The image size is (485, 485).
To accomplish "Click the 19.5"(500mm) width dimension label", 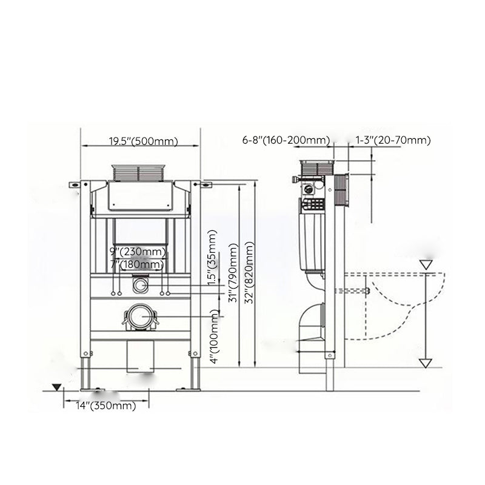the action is click(x=143, y=141).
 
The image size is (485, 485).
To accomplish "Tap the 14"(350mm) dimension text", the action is click(x=105, y=406).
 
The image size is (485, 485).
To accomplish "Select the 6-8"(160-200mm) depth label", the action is click(x=286, y=140).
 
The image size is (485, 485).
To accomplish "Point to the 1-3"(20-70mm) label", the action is click(x=393, y=140).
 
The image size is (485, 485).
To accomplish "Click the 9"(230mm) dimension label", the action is click(x=138, y=252).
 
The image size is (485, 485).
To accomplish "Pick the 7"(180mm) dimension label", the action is click(x=137, y=264).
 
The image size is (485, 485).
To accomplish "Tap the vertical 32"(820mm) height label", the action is click(x=249, y=272).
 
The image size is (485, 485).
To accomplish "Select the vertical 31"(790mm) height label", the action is click(x=233, y=273).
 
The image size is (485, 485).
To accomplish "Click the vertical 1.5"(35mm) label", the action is click(x=212, y=258).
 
